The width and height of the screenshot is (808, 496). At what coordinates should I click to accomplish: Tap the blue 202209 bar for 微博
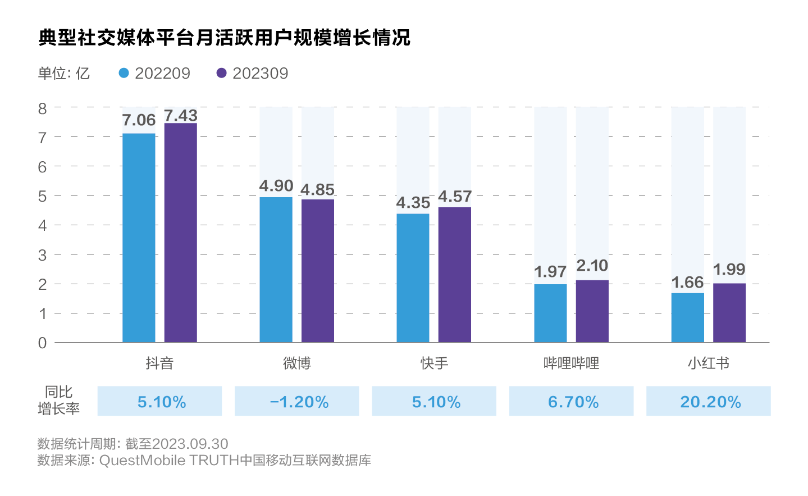[276, 269]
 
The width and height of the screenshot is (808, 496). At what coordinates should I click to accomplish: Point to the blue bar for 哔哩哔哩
[550, 313]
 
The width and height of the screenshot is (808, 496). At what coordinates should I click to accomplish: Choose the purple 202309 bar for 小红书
[729, 312]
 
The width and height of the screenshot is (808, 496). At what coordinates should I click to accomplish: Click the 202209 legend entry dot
[124, 73]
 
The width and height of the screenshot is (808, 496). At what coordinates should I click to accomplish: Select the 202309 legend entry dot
[222, 73]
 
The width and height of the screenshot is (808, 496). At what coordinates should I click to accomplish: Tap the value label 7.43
[181, 115]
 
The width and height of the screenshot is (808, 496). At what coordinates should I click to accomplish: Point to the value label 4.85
[318, 190]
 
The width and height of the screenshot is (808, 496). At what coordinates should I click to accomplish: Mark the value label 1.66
[688, 283]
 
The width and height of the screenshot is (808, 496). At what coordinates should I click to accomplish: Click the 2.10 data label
[592, 266]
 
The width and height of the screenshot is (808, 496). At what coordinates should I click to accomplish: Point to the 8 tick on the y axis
[42, 108]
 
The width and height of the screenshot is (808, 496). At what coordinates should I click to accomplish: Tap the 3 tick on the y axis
[42, 255]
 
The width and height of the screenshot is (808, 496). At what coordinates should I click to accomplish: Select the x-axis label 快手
[434, 363]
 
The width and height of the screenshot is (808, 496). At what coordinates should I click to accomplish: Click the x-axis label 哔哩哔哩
[571, 363]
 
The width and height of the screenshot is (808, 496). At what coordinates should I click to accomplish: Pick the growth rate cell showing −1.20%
[297, 402]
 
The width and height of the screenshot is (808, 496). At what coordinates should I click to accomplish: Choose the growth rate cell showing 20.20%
[709, 402]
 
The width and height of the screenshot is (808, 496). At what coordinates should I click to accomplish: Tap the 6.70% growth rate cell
[572, 402]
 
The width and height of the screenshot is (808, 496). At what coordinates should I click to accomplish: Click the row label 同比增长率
[59, 401]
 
